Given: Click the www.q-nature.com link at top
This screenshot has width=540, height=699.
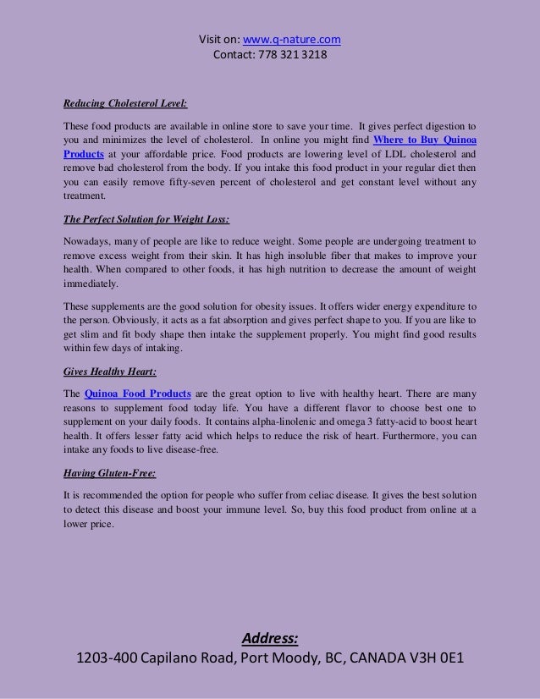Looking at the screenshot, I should coord(292,39).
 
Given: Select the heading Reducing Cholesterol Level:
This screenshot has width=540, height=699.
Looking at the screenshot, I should coord(125,105).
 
